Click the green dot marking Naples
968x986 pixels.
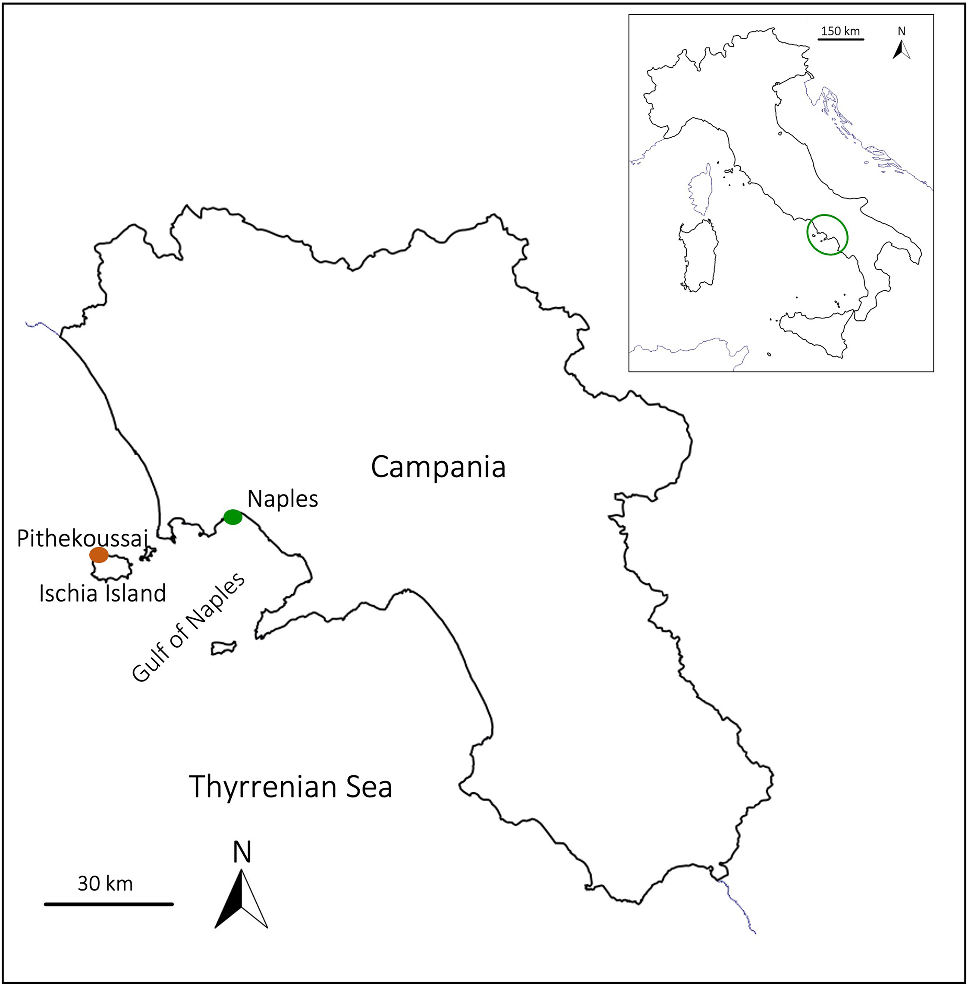tap(233, 517)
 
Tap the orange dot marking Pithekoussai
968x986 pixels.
tap(99, 555)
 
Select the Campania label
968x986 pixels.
tap(438, 467)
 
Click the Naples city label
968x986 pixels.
tap(283, 499)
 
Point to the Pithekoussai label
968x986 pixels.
tap(82, 539)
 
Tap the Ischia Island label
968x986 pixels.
tap(103, 593)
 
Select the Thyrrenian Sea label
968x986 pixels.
tap(290, 787)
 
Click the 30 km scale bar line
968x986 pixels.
tap(109, 904)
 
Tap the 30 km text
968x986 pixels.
tap(105, 884)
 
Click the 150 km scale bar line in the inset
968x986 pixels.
tap(841, 39)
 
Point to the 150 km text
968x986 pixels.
tap(840, 31)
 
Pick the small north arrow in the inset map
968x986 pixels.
tap(902, 50)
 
